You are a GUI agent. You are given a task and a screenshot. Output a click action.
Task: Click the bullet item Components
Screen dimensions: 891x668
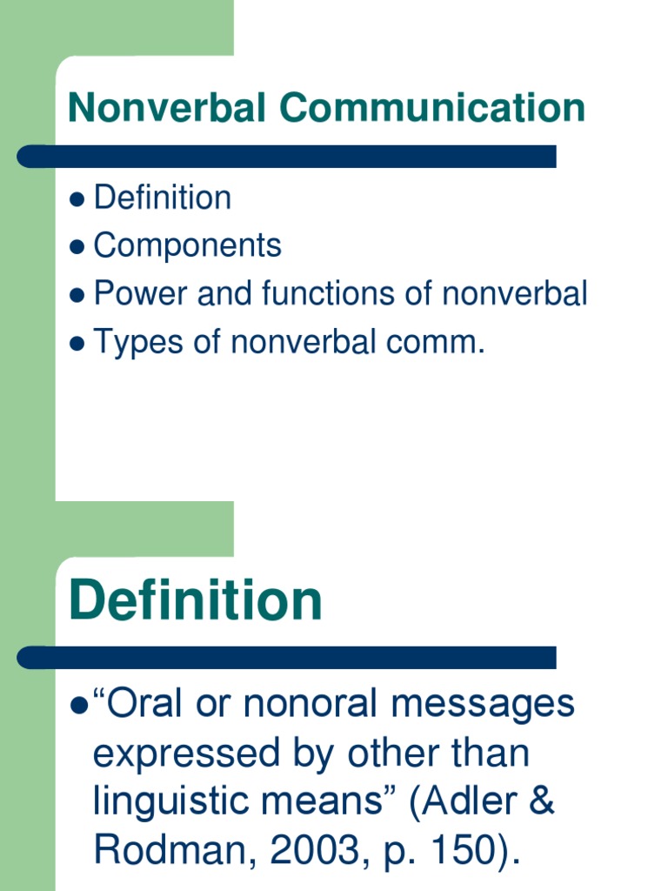point(187,246)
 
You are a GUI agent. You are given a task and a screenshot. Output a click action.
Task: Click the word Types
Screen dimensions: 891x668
point(139,343)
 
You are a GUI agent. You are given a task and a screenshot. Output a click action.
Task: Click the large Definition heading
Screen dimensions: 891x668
point(195,600)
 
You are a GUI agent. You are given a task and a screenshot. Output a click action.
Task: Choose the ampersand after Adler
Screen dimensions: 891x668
point(541,801)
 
